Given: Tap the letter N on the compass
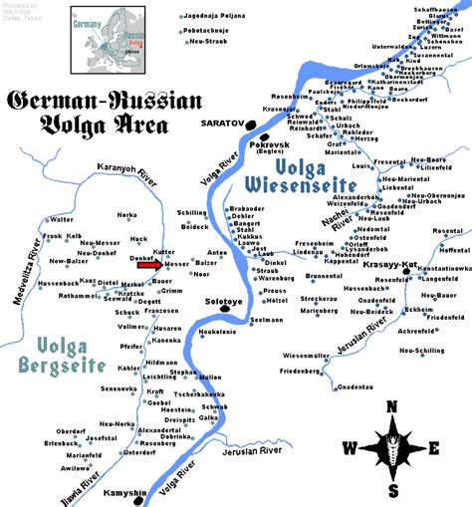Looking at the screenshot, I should coord(392,405).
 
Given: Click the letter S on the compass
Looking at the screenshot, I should coord(393,491).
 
